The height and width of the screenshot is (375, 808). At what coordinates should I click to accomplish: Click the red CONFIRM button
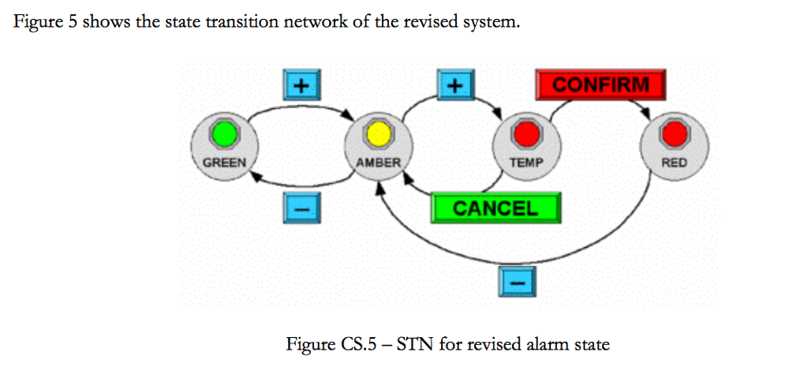[600, 84]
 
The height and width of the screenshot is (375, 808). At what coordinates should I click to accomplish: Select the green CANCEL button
[496, 208]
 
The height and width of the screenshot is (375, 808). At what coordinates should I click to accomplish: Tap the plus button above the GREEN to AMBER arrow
[299, 84]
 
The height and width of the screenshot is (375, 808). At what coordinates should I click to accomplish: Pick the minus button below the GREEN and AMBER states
[299, 207]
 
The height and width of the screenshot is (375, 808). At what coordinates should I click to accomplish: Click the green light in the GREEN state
[224, 135]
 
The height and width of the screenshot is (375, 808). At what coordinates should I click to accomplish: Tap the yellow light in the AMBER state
[379, 135]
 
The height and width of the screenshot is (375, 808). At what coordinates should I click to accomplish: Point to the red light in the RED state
[674, 135]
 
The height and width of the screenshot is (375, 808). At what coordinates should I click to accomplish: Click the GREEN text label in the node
[224, 163]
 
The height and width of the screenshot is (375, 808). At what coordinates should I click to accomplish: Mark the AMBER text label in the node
[379, 163]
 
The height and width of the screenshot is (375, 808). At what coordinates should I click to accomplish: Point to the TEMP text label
[526, 163]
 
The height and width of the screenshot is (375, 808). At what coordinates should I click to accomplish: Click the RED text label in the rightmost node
[674, 163]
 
